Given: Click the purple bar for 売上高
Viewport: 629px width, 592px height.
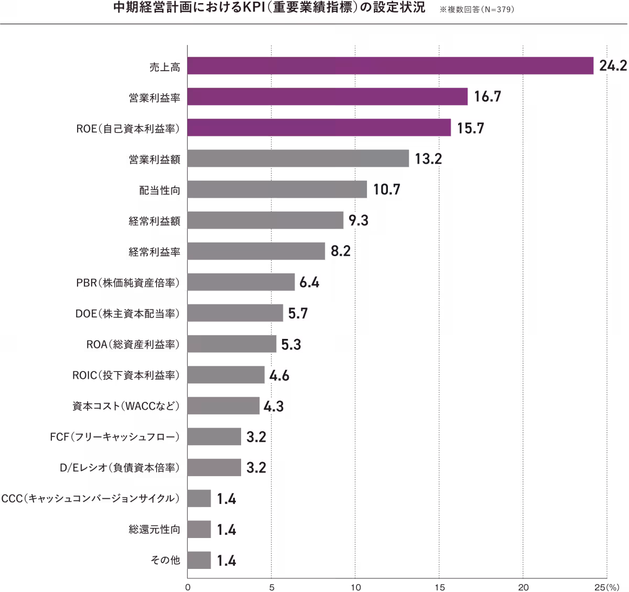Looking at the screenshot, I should (x=390, y=66).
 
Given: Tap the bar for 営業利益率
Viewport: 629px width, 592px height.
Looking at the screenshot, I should (x=327, y=97).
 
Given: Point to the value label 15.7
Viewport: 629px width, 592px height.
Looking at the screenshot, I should (x=470, y=128).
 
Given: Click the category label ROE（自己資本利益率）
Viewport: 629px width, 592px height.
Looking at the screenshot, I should (x=128, y=128).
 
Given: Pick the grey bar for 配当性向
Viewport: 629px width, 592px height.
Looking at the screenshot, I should (x=277, y=190).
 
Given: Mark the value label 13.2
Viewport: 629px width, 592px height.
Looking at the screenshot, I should (x=428, y=159).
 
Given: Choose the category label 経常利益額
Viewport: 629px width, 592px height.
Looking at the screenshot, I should (x=154, y=221).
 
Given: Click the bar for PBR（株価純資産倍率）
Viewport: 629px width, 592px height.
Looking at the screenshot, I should (x=241, y=282).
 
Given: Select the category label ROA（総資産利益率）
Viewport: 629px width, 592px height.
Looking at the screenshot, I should (x=133, y=344).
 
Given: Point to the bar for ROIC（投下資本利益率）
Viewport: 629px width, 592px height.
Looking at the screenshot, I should (x=226, y=375).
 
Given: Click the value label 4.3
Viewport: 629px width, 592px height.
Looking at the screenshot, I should (x=273, y=406).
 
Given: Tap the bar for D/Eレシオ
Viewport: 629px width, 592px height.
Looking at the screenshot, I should (x=213, y=468).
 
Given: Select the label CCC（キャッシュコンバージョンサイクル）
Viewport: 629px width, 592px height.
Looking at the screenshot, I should (x=91, y=499).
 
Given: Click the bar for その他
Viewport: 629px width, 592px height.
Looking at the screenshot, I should (x=199, y=561).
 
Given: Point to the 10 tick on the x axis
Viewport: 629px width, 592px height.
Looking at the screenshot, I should (x=355, y=585).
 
